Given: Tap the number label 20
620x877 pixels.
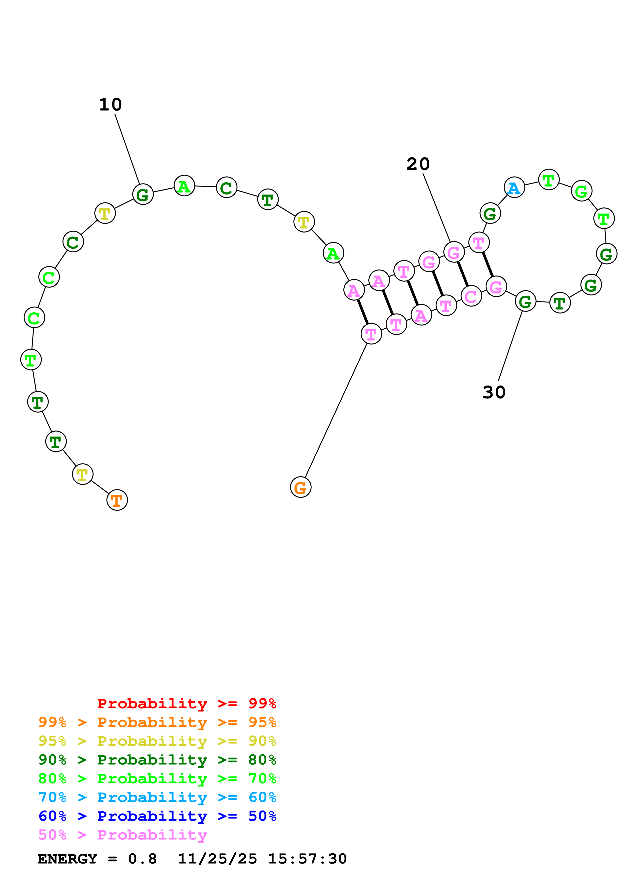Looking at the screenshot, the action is click(x=418, y=164).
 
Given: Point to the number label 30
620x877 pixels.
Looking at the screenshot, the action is click(x=494, y=392).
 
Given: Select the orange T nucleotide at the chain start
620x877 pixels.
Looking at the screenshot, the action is click(x=117, y=500).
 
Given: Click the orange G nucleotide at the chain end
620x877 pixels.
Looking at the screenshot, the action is click(x=301, y=487).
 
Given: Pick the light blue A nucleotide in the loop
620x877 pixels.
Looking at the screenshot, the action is click(x=514, y=187).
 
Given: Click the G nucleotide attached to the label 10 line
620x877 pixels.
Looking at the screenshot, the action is click(x=143, y=194).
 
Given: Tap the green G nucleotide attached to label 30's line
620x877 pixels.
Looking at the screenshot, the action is click(x=525, y=301).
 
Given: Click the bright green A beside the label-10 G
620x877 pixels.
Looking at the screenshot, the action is click(x=184, y=186).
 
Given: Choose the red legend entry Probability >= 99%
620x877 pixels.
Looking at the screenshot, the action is click(x=186, y=703).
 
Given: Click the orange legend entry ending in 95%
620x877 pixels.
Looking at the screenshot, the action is click(x=157, y=722).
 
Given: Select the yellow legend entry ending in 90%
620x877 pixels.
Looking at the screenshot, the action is click(x=157, y=741).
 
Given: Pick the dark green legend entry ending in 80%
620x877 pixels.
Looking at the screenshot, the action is click(x=157, y=760).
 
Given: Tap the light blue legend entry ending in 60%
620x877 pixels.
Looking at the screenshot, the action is click(x=157, y=797).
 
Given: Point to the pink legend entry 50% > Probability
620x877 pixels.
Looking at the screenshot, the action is click(x=123, y=835).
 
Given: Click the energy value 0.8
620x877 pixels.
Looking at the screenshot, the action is click(x=142, y=859).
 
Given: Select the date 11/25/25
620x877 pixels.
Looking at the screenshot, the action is click(x=217, y=859).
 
